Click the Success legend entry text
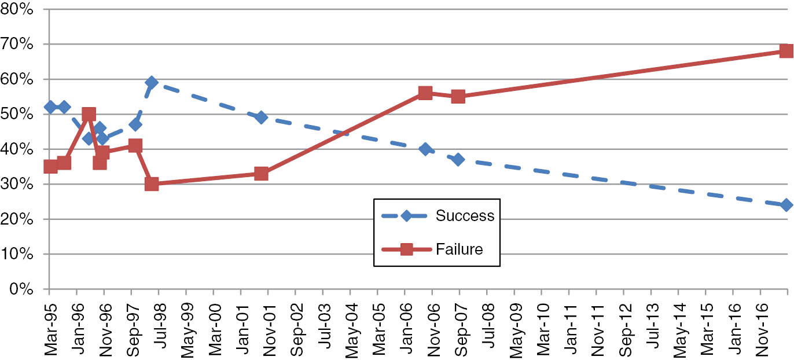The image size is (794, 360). [x=465, y=216]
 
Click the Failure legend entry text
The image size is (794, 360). [x=460, y=249]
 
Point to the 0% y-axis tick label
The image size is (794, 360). [x=25, y=289]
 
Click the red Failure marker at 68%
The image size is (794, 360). [x=786, y=50]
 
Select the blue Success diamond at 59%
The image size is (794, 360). [x=152, y=82]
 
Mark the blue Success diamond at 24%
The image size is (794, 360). [x=786, y=205]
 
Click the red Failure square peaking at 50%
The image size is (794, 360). [x=89, y=114]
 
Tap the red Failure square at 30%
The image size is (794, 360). [x=152, y=184]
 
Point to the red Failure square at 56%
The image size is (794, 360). [x=425, y=93]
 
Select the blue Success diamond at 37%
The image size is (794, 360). [x=458, y=159]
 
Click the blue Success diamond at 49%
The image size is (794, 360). [x=261, y=117]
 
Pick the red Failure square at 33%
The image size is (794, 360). [x=261, y=174]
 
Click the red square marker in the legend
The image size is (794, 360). [x=406, y=249]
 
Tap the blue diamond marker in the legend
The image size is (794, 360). [x=406, y=216]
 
